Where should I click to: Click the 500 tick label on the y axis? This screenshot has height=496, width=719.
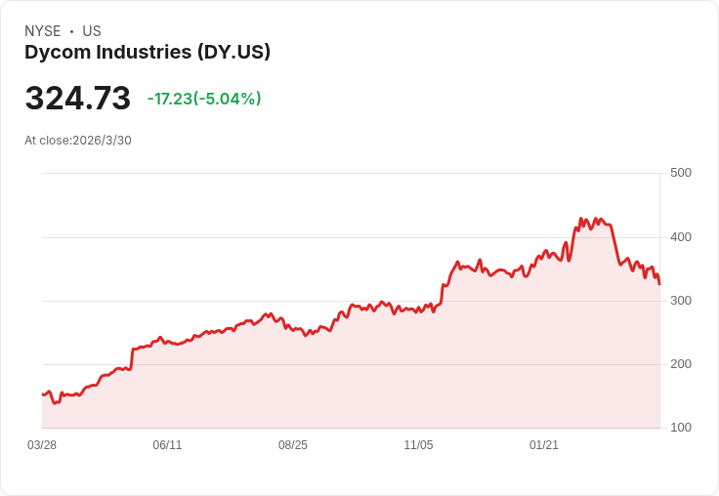[x=680, y=173]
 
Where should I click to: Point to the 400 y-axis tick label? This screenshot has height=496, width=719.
[x=680, y=237]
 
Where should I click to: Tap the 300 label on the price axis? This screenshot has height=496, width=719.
[x=680, y=301]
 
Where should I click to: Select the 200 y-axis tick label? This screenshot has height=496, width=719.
[x=680, y=364]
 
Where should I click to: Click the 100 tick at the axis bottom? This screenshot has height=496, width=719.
[x=680, y=428]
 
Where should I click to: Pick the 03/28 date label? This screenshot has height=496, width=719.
[x=42, y=445]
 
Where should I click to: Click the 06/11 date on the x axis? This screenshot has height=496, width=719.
[x=167, y=445]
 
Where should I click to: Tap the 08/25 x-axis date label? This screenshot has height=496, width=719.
[x=293, y=445]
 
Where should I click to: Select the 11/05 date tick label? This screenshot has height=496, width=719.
[x=418, y=445]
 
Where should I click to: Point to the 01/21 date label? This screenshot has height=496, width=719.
[x=544, y=445]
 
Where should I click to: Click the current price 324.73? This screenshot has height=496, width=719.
[x=77, y=99]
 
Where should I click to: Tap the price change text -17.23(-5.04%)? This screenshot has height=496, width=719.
[x=204, y=99]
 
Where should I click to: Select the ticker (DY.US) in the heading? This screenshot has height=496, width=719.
[x=233, y=53]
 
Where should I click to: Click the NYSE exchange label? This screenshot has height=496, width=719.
[x=42, y=31]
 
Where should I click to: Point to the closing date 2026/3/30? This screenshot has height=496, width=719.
[x=102, y=141]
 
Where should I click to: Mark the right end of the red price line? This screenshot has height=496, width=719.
[x=659, y=284]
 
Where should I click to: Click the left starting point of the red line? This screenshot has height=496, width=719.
[x=43, y=394]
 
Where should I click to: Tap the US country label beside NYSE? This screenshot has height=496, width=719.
[x=92, y=31]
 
